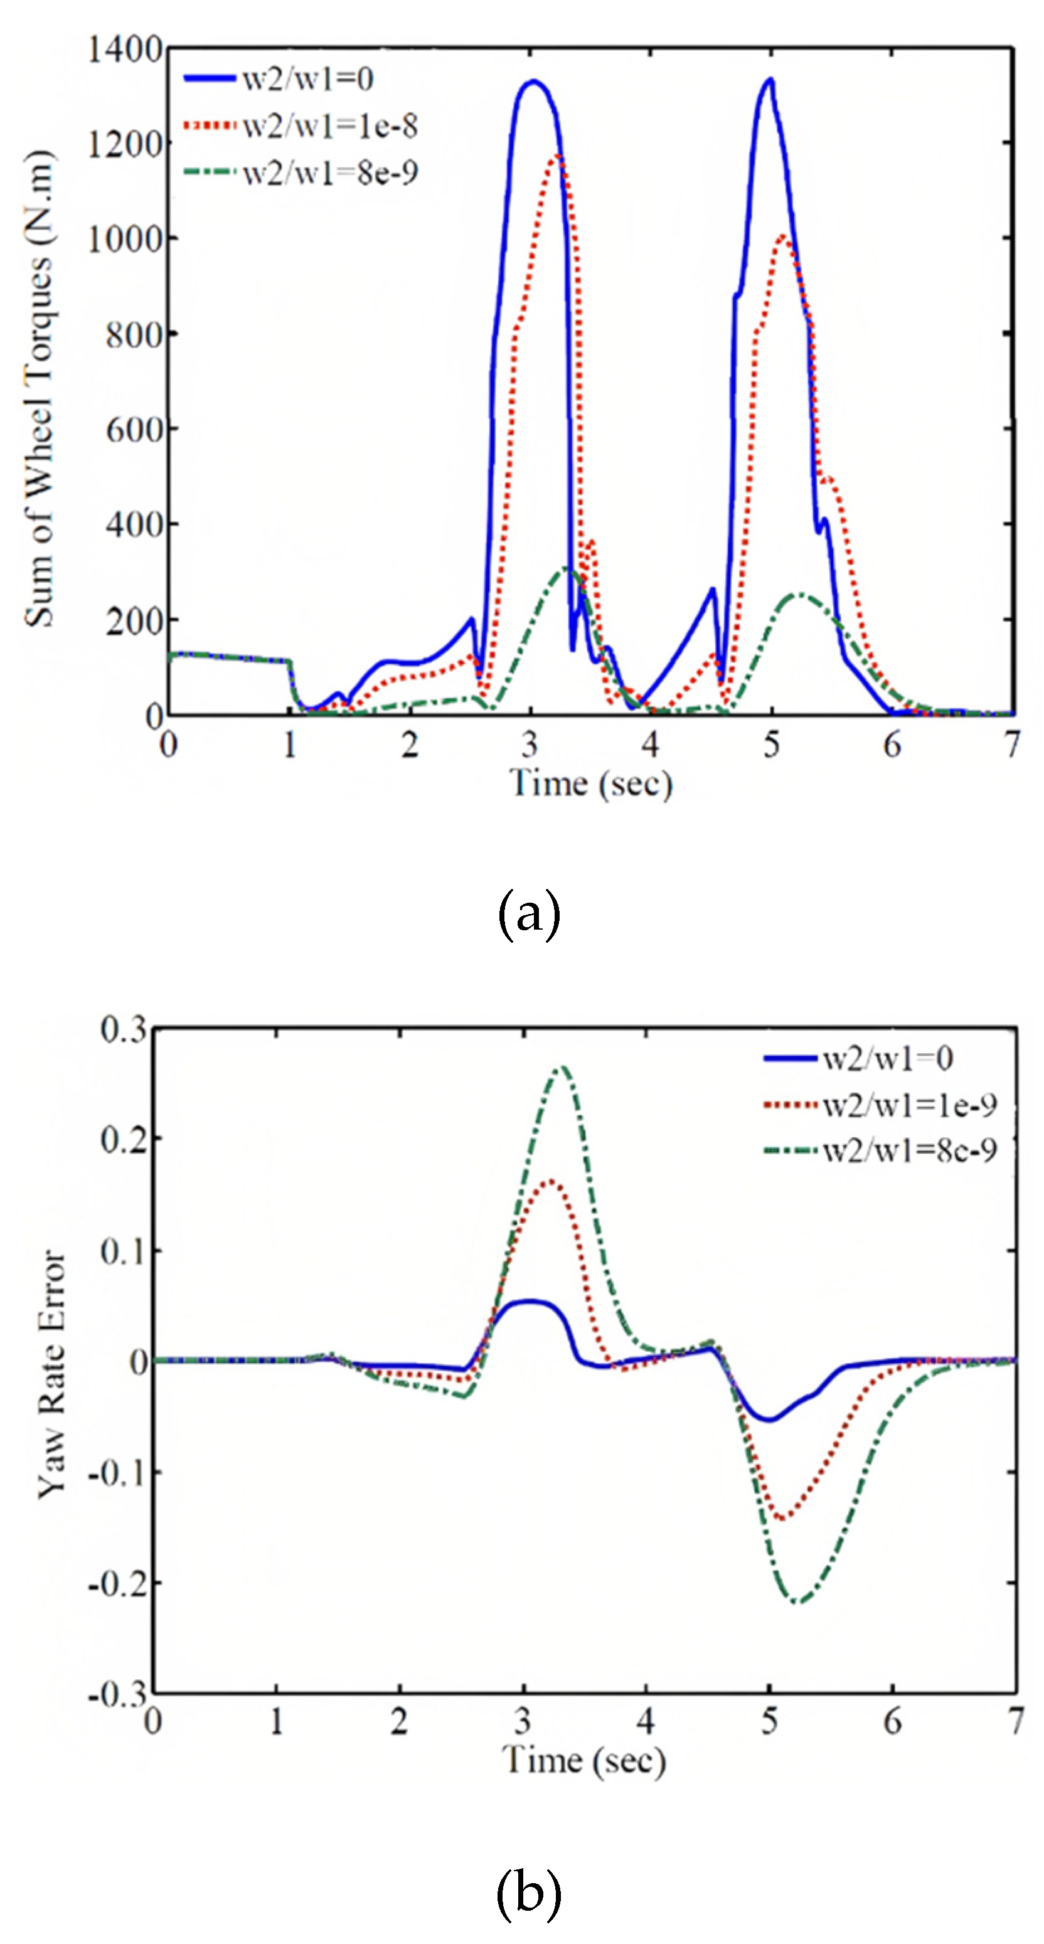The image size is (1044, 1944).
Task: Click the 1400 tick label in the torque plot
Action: [125, 50]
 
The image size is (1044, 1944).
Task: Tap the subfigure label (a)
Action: [528, 914]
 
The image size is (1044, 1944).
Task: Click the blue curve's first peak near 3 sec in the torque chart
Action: [534, 82]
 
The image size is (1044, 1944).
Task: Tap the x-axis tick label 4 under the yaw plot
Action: [646, 1721]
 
